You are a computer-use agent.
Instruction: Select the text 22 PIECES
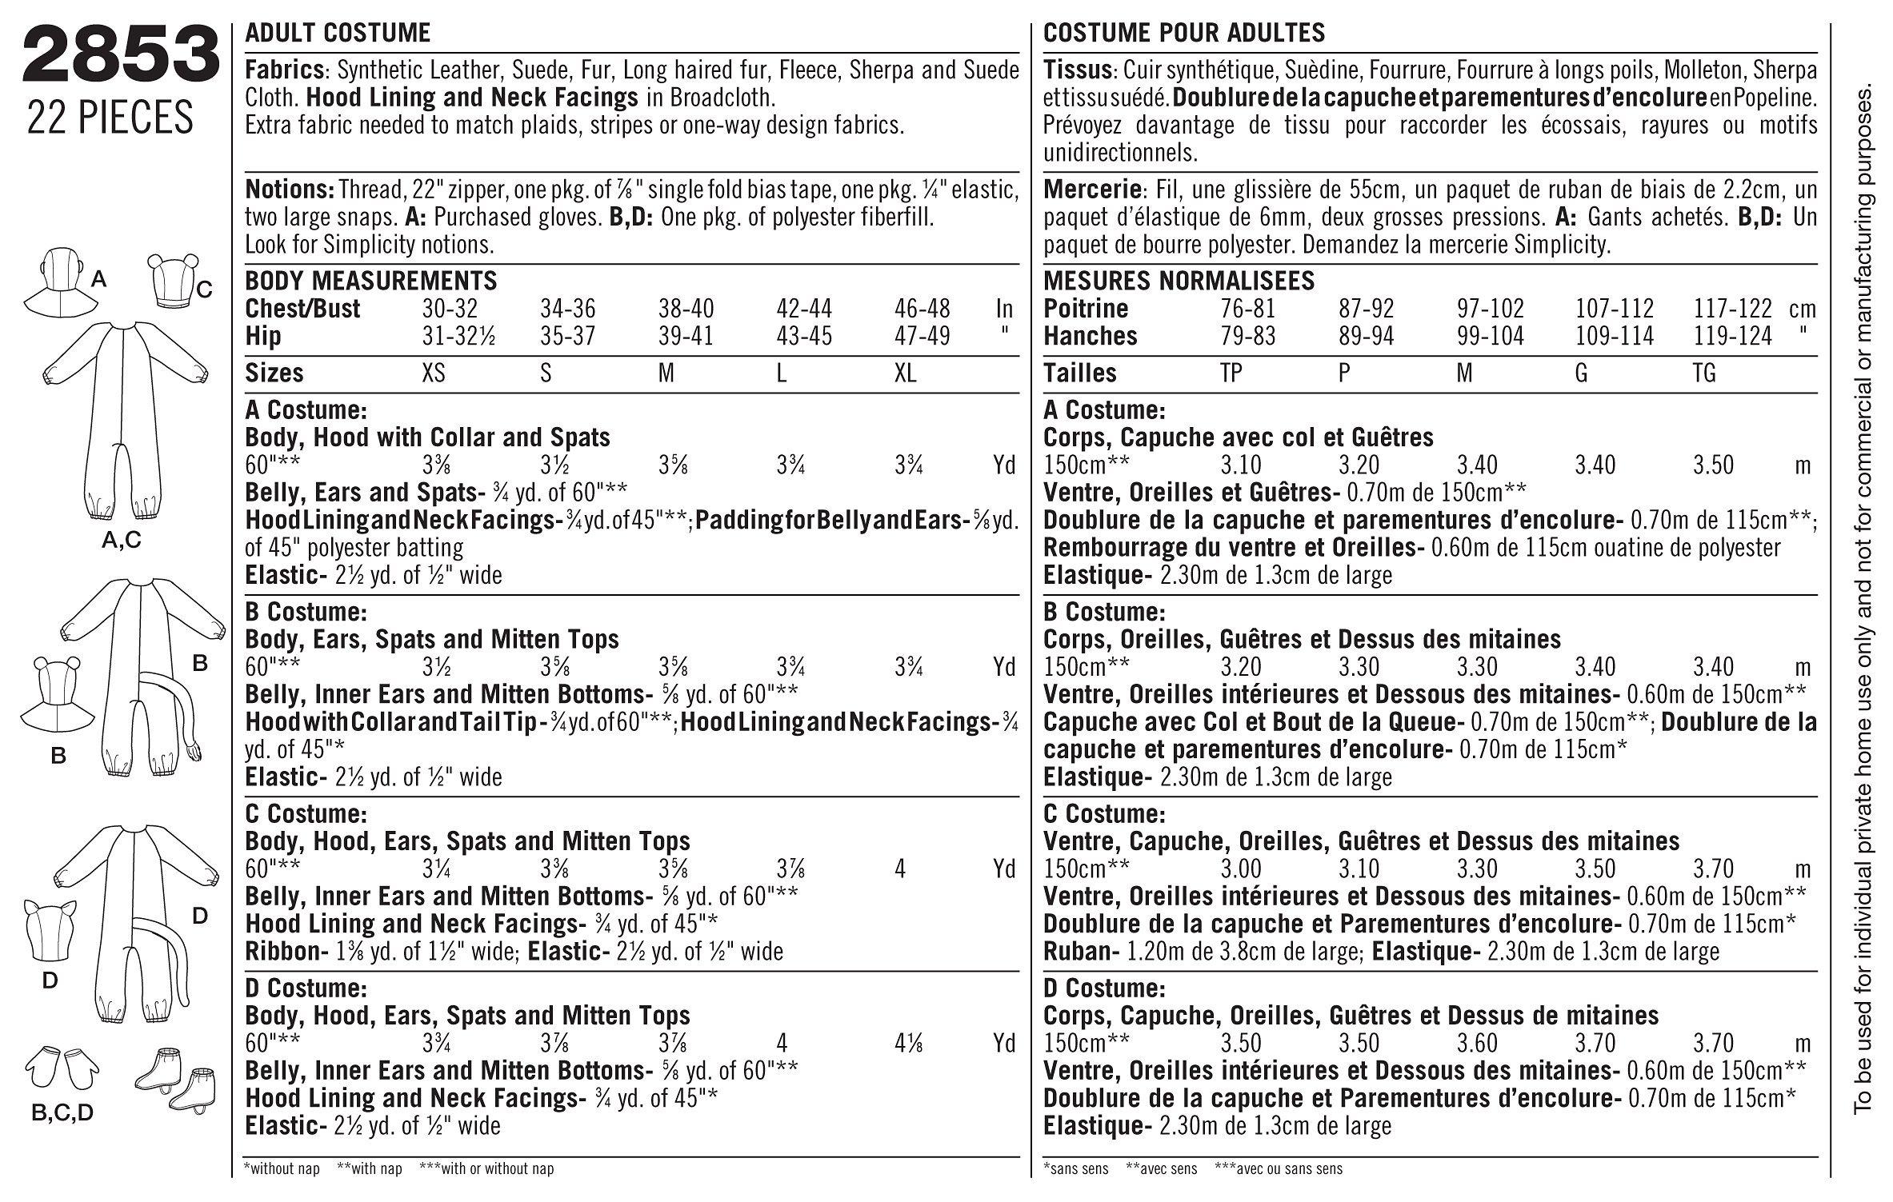point(110,117)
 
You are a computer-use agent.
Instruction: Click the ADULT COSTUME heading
point(338,33)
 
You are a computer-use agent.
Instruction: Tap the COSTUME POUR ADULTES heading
point(1184,33)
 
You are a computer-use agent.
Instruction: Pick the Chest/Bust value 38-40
point(686,309)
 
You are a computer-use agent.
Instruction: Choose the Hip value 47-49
point(922,336)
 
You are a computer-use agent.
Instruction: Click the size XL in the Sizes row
point(906,373)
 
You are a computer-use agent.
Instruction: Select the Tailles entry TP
point(1231,373)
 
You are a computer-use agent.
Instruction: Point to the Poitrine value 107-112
point(1615,309)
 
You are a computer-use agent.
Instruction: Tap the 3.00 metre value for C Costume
point(1242,869)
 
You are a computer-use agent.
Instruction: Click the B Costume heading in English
point(306,613)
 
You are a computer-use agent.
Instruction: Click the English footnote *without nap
point(282,1168)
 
